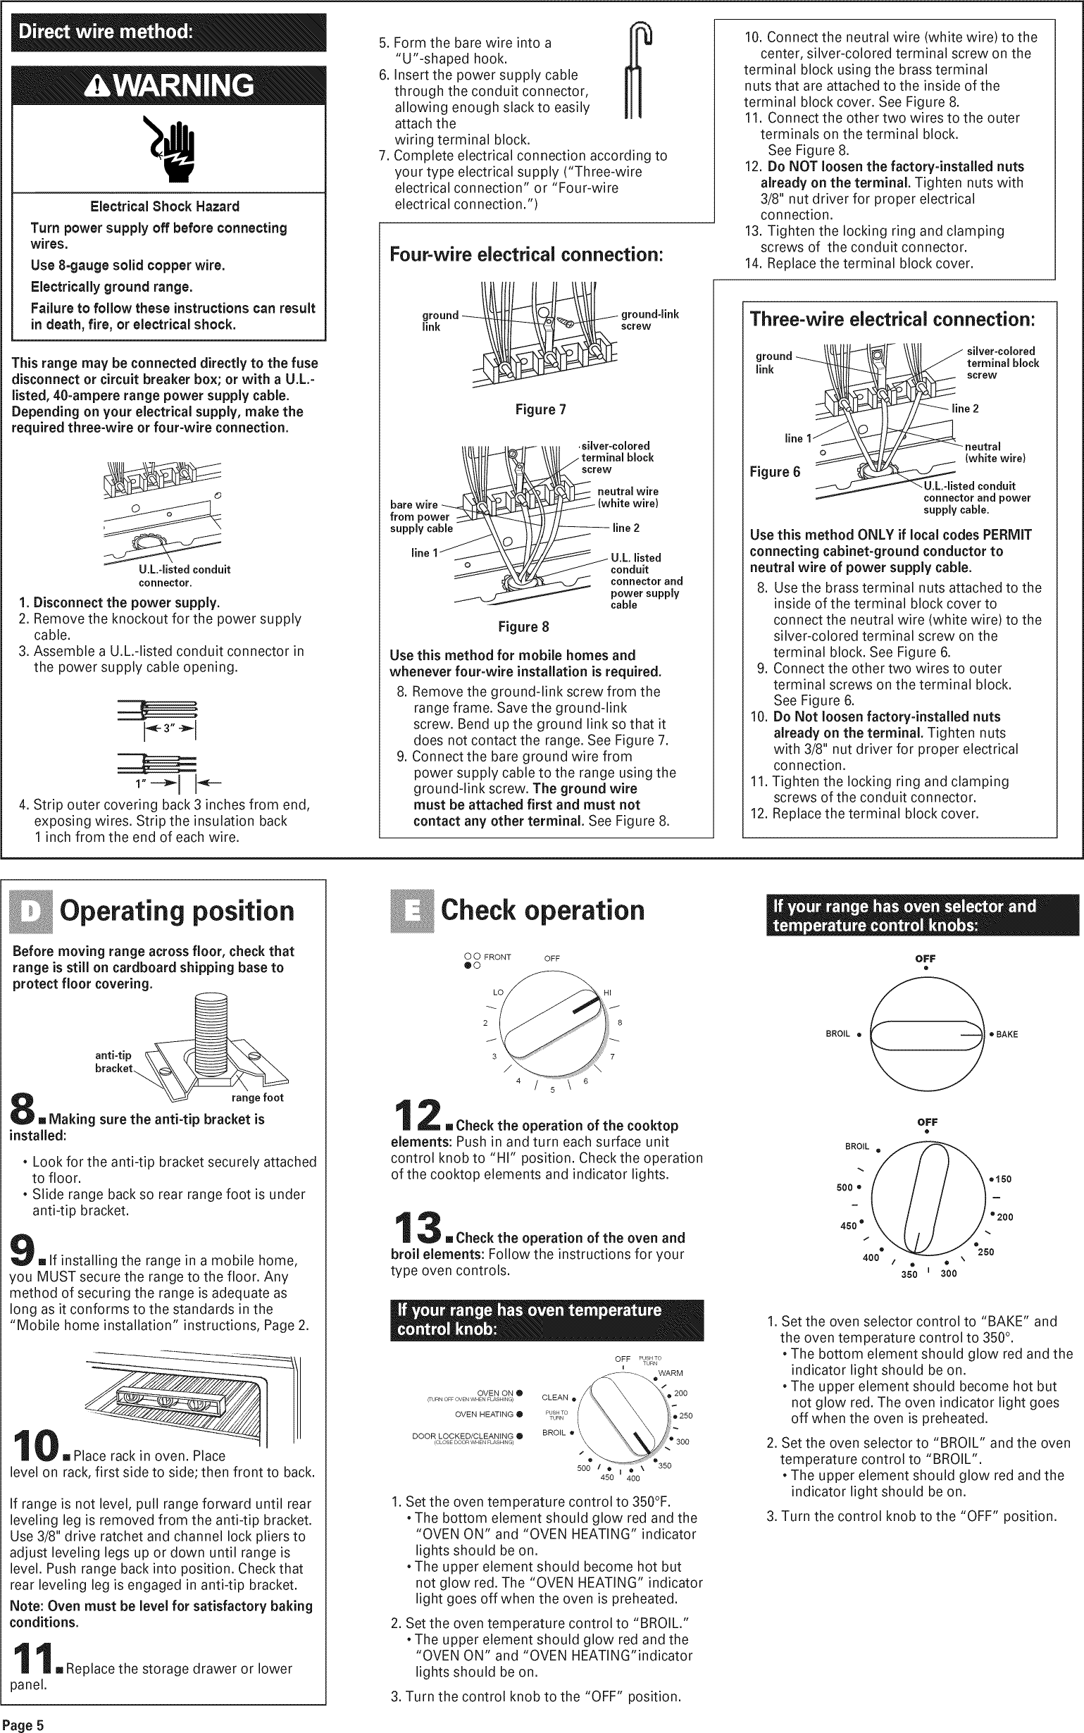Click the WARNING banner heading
pos(169,86)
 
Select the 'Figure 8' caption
pos(523,627)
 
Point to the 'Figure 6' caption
pos(774,472)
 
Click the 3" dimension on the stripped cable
pos(170,728)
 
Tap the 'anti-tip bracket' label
pos(113,1061)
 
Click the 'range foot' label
pos(256,1098)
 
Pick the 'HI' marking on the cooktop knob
pos(606,993)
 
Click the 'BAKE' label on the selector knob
pos(1006,1034)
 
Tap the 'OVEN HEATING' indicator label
pos(484,1415)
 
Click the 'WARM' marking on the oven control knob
pos(671,1373)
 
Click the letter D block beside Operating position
pos(31,911)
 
